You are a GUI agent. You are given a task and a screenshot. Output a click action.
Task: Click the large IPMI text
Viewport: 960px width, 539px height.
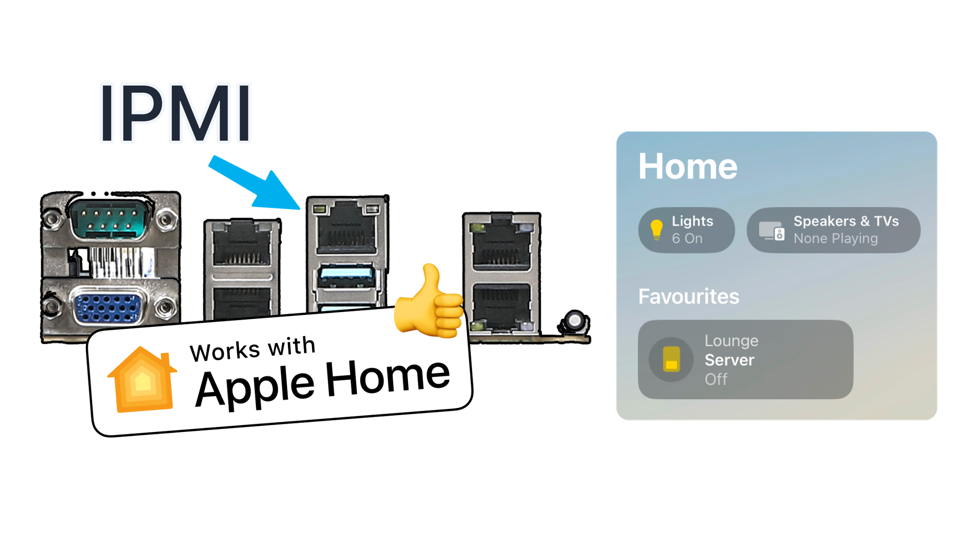(176, 113)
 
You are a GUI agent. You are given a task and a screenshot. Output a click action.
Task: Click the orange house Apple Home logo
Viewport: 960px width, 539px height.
(142, 380)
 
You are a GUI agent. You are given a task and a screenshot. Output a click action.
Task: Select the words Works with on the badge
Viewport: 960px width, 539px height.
(252, 349)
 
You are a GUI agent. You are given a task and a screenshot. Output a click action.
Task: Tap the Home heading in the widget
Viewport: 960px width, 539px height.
(687, 167)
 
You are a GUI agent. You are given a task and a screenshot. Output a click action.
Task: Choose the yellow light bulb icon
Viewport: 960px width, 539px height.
(656, 230)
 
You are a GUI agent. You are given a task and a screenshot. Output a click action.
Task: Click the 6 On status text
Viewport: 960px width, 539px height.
(687, 239)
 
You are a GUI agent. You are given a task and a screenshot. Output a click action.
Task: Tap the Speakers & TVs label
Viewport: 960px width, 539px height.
(846, 221)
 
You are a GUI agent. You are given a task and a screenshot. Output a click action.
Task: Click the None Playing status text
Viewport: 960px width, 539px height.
(835, 239)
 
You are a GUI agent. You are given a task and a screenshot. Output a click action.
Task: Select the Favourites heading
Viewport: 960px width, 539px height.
(688, 297)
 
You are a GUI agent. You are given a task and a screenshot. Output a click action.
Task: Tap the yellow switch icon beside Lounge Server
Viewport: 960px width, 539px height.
(671, 359)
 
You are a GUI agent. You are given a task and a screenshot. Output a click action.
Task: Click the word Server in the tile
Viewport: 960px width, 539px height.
(729, 360)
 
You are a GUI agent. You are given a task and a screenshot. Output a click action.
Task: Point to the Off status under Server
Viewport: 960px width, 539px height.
(716, 379)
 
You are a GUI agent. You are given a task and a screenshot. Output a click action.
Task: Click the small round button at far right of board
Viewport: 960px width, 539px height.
(575, 320)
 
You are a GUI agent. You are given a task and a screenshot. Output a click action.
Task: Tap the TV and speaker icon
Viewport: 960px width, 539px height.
(771, 231)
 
